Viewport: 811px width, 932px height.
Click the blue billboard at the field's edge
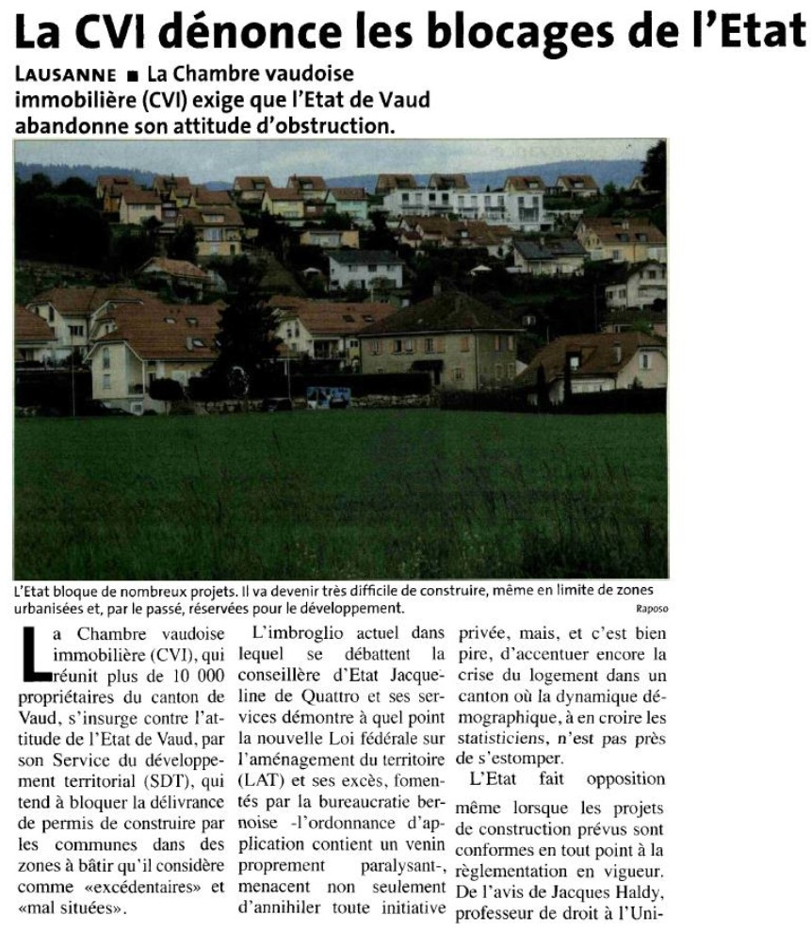click(328, 396)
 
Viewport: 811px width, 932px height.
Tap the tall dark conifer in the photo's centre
click(247, 320)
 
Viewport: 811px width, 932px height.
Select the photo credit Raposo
click(651, 609)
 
